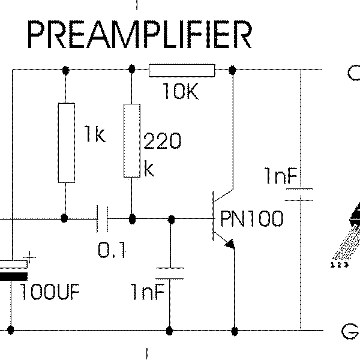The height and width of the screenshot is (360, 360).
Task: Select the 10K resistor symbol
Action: [181, 71]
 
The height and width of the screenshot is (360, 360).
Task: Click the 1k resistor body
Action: [66, 142]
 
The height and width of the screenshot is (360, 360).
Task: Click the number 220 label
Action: [162, 142]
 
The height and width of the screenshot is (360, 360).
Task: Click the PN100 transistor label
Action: [251, 218]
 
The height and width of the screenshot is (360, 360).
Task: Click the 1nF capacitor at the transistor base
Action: [170, 272]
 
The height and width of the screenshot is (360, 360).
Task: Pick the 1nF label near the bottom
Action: [148, 292]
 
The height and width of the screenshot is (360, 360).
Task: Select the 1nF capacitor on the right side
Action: [298, 194]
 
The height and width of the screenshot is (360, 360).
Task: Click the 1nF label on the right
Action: [280, 176]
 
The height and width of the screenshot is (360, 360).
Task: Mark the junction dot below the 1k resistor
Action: [66, 218]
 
